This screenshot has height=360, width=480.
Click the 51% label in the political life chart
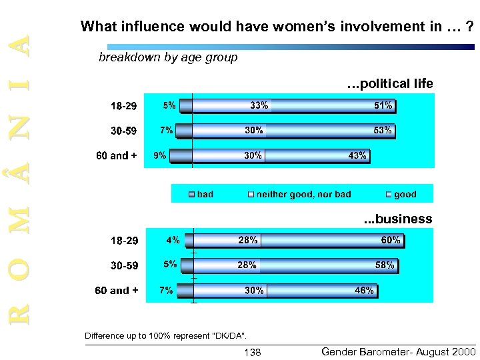coord(383,105)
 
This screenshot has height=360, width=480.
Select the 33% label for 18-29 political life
coord(259,105)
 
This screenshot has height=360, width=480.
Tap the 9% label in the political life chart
coord(160,155)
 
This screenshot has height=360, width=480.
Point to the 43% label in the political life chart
coord(357,155)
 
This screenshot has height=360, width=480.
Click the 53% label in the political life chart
coord(383,131)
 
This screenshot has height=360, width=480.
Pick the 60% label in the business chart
coord(391,240)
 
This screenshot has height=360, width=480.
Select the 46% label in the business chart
coord(364,291)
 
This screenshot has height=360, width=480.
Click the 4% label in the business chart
coord(173,240)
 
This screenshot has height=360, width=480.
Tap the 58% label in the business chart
coord(385,265)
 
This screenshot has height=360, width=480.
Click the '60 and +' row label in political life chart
coord(117,156)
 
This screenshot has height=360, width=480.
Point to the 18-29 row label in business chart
coord(123,240)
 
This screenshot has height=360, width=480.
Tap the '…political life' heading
coord(390,84)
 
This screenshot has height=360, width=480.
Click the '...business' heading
coord(397,219)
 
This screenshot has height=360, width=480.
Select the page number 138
coord(253,352)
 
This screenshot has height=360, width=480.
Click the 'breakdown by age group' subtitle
coord(168,57)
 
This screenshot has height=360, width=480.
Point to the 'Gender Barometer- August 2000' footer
coord(398,351)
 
